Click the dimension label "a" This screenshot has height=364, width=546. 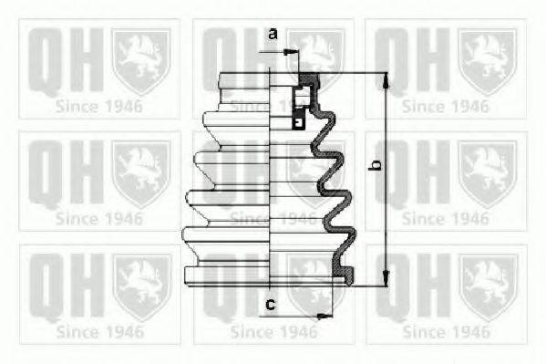(273, 34)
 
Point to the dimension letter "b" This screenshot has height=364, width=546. (375, 165)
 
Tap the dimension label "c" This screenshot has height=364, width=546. (271, 305)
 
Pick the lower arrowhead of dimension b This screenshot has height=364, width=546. (386, 279)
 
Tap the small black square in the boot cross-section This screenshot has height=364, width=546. (298, 123)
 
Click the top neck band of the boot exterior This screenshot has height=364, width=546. (243, 80)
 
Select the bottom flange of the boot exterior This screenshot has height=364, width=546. (227, 276)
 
